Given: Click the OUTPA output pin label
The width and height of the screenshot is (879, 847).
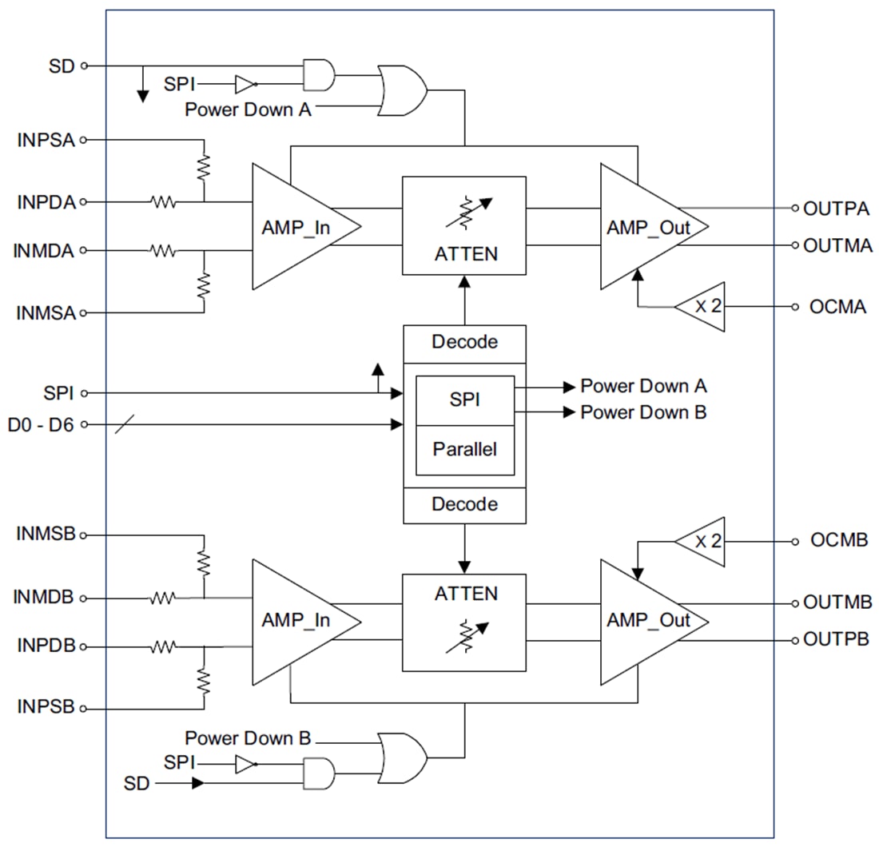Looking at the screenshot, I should [836, 209].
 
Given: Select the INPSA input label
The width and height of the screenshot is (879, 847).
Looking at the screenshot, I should [46, 141].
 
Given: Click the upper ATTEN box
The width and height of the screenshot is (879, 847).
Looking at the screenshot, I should [464, 225].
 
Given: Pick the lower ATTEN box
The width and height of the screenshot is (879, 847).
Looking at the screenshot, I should [464, 622].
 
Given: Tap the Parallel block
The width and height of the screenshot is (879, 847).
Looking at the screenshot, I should [464, 449].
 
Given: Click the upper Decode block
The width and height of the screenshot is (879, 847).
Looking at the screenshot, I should [464, 343].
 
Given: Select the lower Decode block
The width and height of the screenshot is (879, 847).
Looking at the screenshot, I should [464, 505].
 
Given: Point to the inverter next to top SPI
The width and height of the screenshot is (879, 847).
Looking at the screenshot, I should [245, 83].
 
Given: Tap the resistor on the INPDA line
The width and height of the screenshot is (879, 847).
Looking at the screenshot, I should [163, 203].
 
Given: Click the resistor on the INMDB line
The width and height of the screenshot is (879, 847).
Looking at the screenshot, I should [163, 598].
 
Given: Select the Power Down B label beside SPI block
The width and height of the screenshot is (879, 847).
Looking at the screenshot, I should [642, 412].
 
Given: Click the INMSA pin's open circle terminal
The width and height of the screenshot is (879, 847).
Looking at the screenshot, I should [83, 313].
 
